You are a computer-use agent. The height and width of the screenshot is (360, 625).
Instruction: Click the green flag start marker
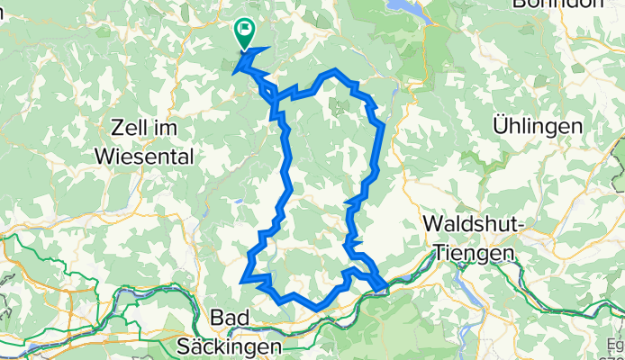click(x=244, y=31)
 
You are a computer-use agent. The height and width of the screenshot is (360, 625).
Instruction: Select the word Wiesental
click(x=144, y=157)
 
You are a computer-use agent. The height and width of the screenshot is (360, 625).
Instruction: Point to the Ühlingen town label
click(x=537, y=126)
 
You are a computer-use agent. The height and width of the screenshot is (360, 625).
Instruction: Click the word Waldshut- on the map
click(x=474, y=223)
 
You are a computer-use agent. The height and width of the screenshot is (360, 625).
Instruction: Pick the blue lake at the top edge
click(x=402, y=6)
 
